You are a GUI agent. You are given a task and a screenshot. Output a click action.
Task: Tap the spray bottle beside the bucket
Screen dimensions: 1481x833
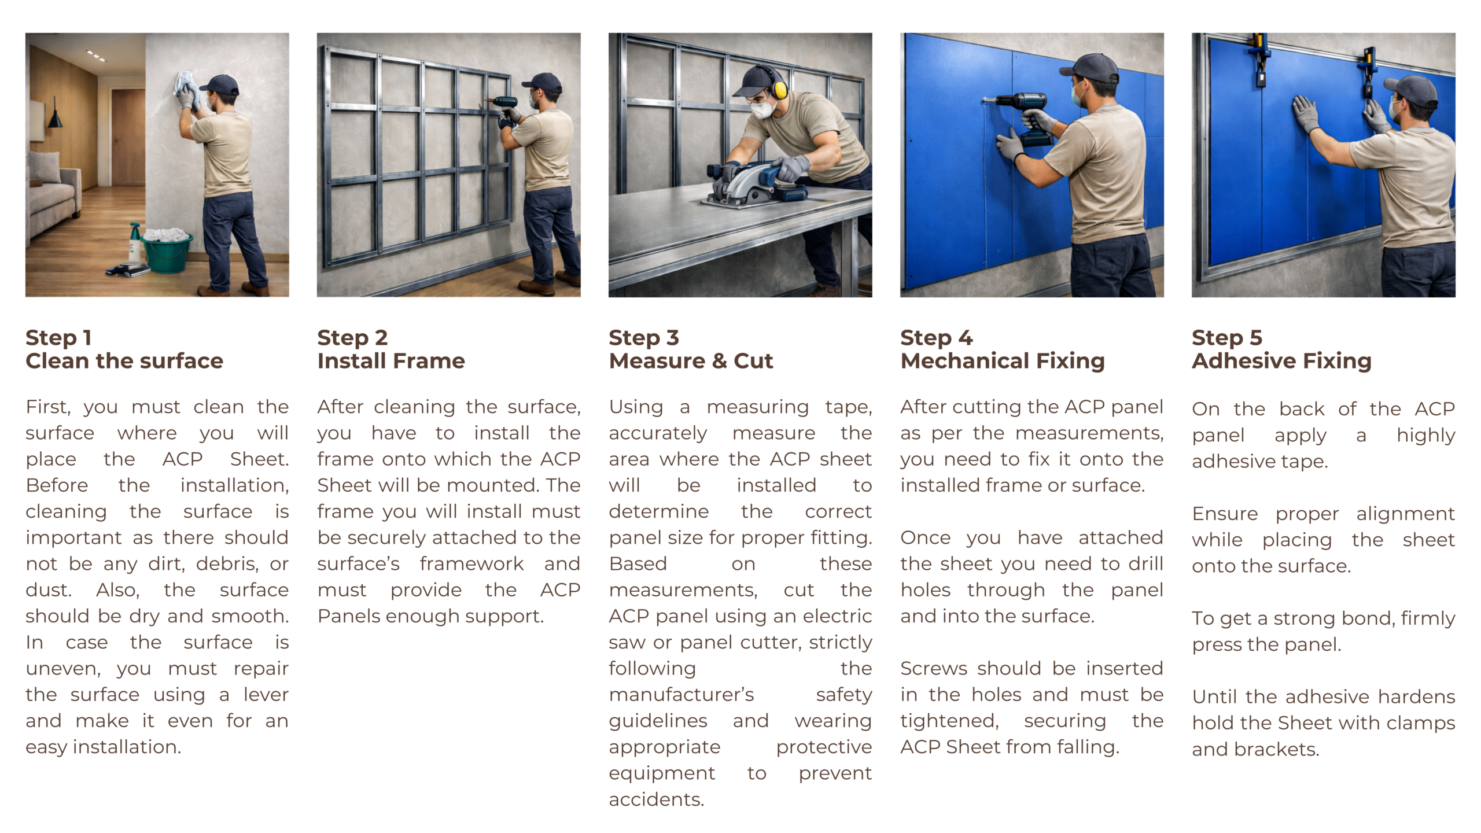(135, 243)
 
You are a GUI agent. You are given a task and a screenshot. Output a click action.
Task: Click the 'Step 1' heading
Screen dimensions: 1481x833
(58, 337)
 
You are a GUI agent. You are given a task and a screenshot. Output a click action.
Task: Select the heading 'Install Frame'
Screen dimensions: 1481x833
(391, 361)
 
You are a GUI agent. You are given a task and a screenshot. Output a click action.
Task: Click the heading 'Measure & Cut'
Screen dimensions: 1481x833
(691, 361)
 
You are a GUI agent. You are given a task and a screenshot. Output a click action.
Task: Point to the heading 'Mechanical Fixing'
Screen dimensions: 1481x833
(1003, 361)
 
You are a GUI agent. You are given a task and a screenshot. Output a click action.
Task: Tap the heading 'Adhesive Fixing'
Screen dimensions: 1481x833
(1281, 361)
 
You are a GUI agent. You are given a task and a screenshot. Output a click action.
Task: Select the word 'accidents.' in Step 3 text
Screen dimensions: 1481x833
(657, 799)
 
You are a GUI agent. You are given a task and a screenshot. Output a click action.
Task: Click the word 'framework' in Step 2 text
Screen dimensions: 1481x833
(471, 563)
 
